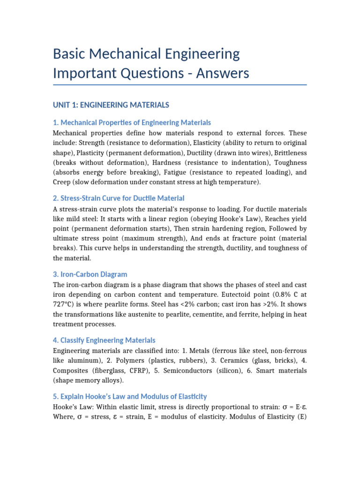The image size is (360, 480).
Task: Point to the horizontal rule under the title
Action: tap(180, 85)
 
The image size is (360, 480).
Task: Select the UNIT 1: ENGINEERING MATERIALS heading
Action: tap(111, 105)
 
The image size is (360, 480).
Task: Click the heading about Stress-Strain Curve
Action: tap(119, 198)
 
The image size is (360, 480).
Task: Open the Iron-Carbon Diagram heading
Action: tap(90, 274)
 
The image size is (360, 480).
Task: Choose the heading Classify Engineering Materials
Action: tap(104, 340)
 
